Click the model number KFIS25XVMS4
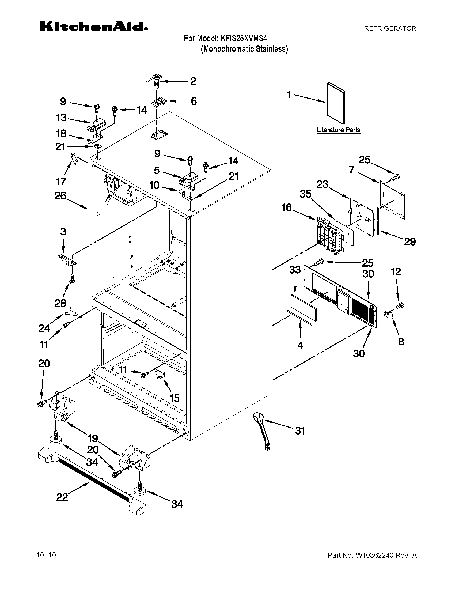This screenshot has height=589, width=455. [244, 39]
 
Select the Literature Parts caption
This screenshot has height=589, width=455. [338, 130]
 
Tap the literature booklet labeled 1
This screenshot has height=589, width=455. [336, 103]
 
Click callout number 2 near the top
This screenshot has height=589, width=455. [193, 81]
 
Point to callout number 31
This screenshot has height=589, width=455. [300, 431]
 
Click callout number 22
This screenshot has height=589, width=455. [62, 497]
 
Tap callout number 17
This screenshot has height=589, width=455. [61, 182]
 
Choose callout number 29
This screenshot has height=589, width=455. [409, 241]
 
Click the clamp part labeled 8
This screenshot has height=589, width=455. [387, 315]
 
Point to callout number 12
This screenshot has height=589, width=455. [396, 271]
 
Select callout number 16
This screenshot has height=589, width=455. [287, 207]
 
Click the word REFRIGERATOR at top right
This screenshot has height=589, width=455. [390, 28]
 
